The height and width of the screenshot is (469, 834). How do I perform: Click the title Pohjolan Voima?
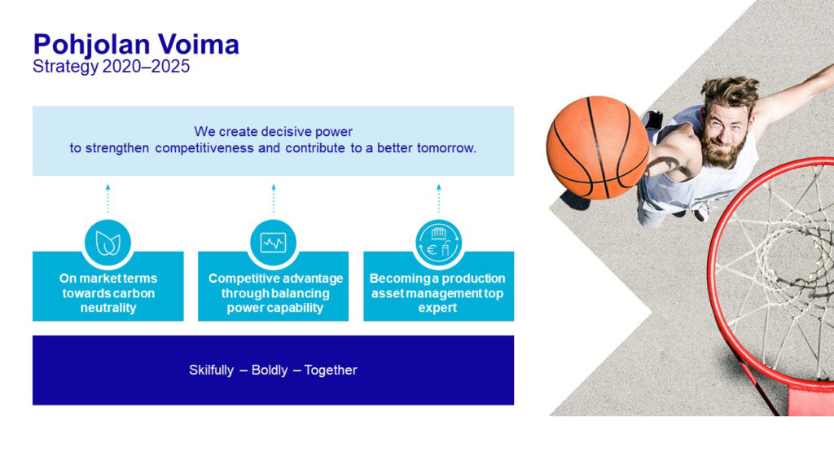pyautogui.click(x=136, y=45)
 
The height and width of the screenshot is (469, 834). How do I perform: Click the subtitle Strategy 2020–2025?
pyautogui.click(x=111, y=67)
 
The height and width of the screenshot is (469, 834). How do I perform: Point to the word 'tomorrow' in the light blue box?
pyautogui.click(x=446, y=148)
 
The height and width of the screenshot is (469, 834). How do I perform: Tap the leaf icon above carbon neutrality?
pyautogui.click(x=108, y=243)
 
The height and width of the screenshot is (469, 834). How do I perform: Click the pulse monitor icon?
pyautogui.click(x=274, y=243)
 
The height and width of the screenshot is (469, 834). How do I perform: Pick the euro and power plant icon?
pyautogui.click(x=439, y=243)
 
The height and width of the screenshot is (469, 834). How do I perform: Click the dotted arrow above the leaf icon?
pyautogui.click(x=108, y=199)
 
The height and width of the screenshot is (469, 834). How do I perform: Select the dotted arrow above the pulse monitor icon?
pyautogui.click(x=274, y=199)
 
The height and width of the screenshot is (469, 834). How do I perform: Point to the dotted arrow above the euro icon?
pyautogui.click(x=439, y=199)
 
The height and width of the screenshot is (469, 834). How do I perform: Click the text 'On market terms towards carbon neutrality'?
pyautogui.click(x=108, y=293)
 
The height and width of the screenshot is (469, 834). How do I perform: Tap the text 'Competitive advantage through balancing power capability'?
pyautogui.click(x=275, y=293)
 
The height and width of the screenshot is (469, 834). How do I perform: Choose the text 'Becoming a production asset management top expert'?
pyautogui.click(x=437, y=293)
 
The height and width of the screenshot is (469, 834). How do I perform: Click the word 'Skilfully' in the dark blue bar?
pyautogui.click(x=211, y=370)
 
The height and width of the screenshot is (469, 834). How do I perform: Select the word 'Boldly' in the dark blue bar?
pyautogui.click(x=269, y=370)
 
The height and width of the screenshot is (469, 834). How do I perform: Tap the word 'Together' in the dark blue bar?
pyautogui.click(x=331, y=370)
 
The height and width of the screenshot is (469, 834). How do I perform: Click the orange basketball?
pyautogui.click(x=598, y=147)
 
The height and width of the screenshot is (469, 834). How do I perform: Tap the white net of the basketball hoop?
pyautogui.click(x=782, y=266)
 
